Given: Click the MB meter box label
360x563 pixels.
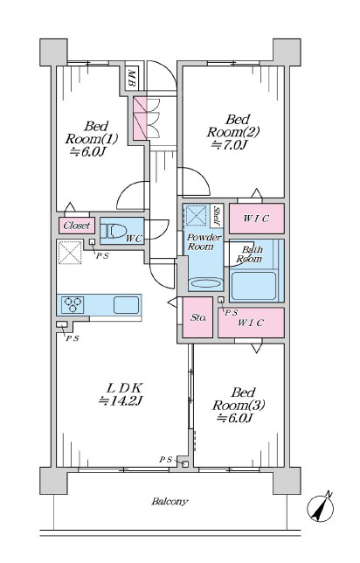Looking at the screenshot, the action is [x=132, y=78].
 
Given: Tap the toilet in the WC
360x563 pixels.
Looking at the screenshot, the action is [x=112, y=231].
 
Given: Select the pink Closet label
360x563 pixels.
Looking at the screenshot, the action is [x=77, y=226].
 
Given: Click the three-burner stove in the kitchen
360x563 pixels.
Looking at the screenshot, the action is [x=73, y=305].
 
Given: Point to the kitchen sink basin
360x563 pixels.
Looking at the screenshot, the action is [x=127, y=305].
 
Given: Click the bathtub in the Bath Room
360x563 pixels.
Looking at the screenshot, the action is [x=253, y=286].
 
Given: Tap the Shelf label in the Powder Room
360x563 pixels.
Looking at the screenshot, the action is [x=217, y=216].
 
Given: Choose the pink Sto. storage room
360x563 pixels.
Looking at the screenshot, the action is [x=197, y=317].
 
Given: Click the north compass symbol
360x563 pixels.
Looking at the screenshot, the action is [x=321, y=507].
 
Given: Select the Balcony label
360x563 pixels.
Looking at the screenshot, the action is [x=170, y=502].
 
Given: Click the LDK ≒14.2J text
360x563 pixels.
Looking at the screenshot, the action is [x=121, y=394].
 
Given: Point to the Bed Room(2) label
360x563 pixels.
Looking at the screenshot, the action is [x=232, y=132].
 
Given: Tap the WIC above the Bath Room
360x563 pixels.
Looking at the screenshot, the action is [x=257, y=219].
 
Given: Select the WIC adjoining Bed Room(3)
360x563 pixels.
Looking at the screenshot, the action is [x=251, y=323].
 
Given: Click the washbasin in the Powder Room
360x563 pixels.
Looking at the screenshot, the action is [x=205, y=283].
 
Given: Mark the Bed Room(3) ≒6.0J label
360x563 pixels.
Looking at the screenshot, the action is [x=239, y=405].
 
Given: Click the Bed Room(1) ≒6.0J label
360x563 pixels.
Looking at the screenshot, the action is [x=92, y=139].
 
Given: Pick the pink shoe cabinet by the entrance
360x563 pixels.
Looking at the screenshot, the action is [x=140, y=118].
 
